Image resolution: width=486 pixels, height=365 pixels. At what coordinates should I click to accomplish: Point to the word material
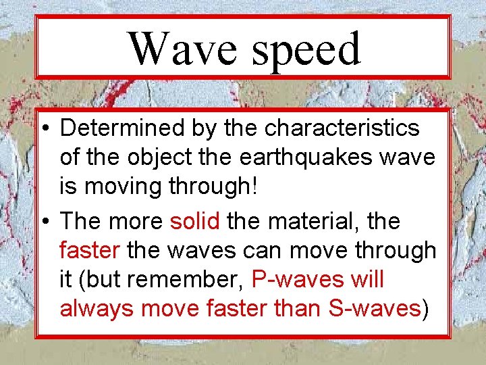pyautogui.click(x=313, y=221)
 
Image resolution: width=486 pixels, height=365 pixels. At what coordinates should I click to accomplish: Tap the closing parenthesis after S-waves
pyautogui.click(x=425, y=308)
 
